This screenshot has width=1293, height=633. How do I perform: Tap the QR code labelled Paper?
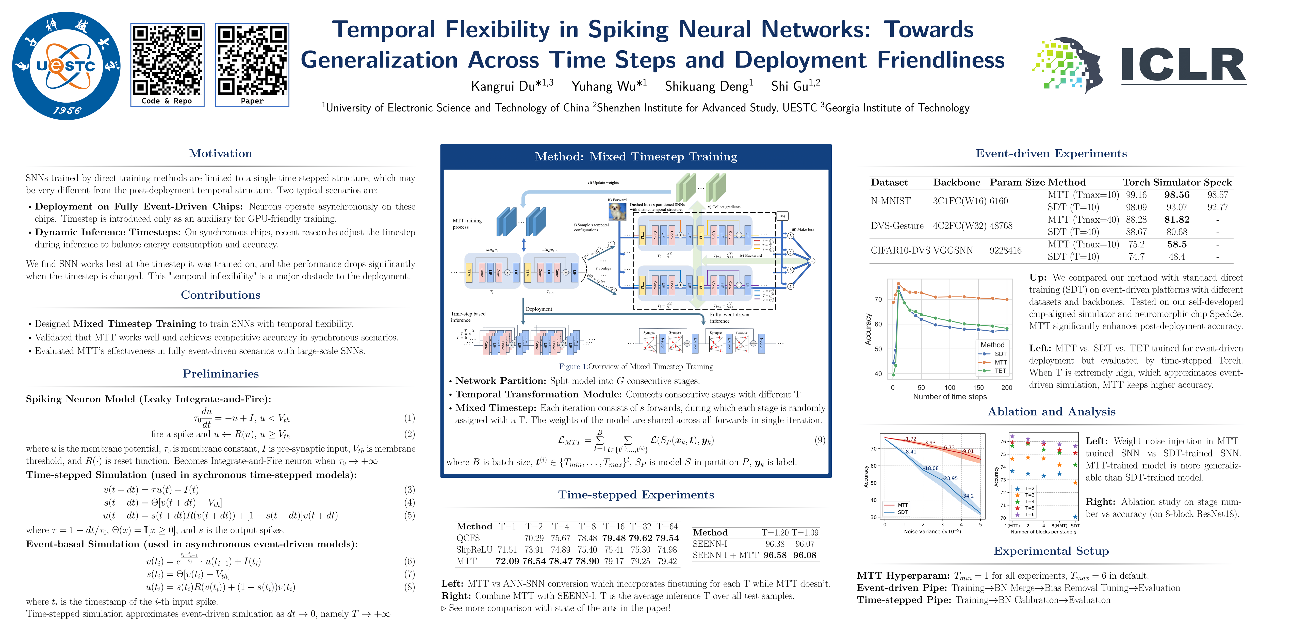pos(252,60)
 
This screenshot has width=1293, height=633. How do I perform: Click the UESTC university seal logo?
pos(66,66)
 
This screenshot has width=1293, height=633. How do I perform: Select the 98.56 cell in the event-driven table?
pos(1176,195)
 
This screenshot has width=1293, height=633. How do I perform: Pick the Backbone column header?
pos(956,182)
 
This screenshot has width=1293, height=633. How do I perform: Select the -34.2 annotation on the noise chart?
pos(967,496)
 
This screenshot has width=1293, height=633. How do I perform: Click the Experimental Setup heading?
pos(1051,551)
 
